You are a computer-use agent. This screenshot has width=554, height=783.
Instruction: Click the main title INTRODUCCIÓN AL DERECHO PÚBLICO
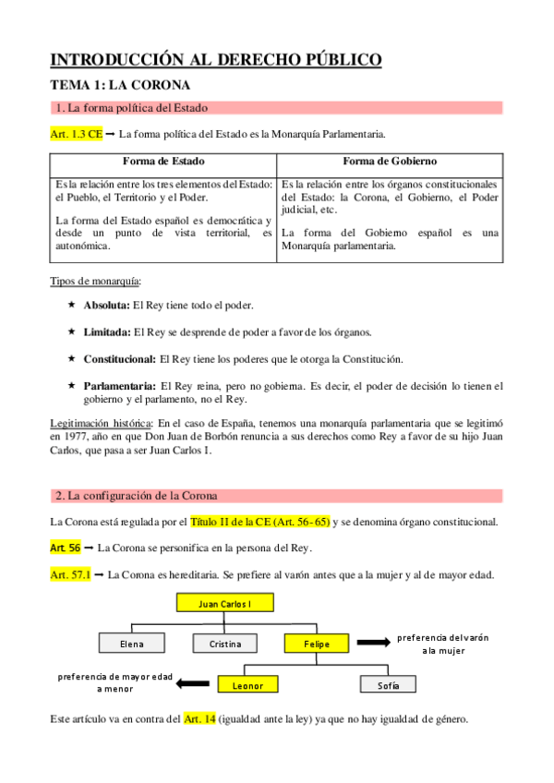point(215,61)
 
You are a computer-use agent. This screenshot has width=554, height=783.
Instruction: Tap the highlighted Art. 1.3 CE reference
point(76,134)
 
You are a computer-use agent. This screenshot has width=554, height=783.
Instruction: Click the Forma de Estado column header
point(163,161)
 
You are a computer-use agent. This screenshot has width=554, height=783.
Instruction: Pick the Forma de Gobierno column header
point(389,161)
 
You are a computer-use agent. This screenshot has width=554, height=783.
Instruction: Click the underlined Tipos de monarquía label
point(96,281)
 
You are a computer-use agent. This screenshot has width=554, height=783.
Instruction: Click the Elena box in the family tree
point(131,643)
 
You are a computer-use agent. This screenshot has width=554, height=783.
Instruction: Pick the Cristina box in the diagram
point(225,643)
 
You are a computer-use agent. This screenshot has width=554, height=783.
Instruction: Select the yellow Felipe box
point(319,643)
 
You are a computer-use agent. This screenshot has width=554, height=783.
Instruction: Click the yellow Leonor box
point(247,685)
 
